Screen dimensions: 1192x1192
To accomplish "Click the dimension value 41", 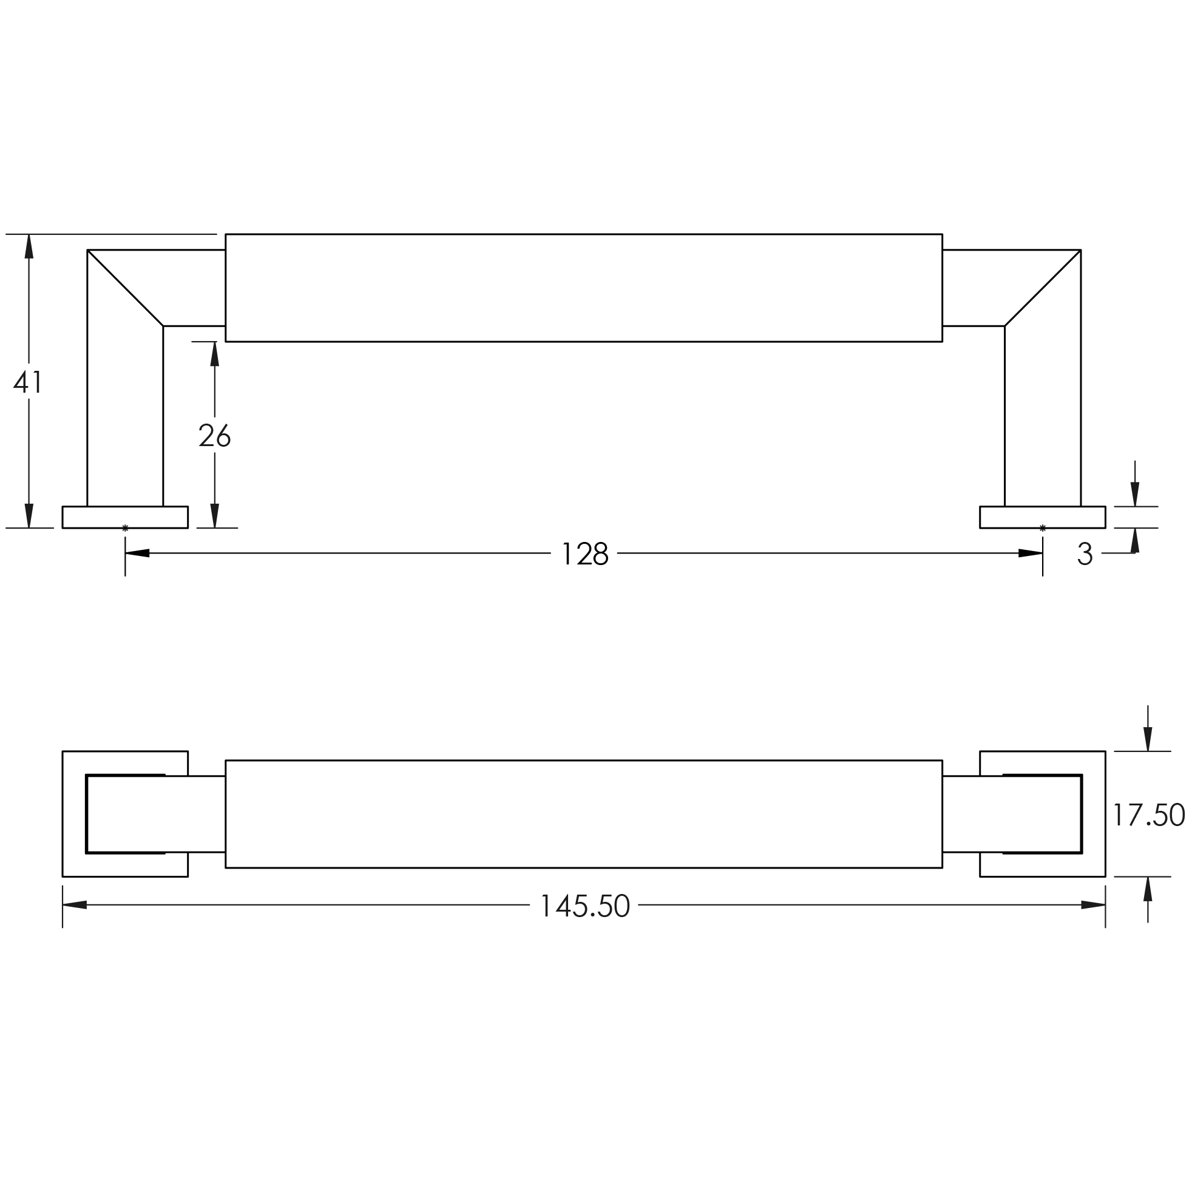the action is [29, 382].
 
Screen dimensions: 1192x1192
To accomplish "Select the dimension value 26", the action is [215, 436].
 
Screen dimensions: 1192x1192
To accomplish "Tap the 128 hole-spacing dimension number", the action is [585, 554].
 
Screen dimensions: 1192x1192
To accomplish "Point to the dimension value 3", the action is [1085, 554].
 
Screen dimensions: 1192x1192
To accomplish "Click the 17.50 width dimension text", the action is [1149, 814].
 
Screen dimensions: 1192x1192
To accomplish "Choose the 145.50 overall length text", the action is [584, 906].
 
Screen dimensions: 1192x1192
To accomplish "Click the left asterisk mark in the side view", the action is [125, 527].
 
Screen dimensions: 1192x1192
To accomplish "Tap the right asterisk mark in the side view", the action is [1043, 527].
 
